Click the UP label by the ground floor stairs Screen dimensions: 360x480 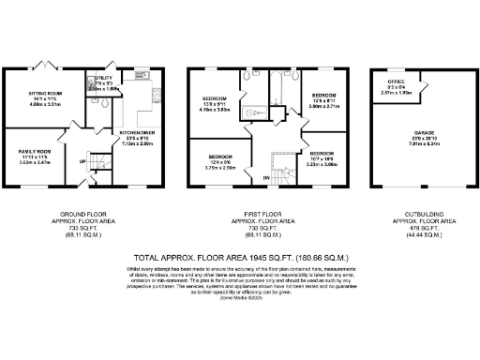click(x=82, y=160)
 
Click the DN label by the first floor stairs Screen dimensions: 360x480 click(x=265, y=176)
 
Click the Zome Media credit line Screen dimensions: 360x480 click(x=239, y=295)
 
